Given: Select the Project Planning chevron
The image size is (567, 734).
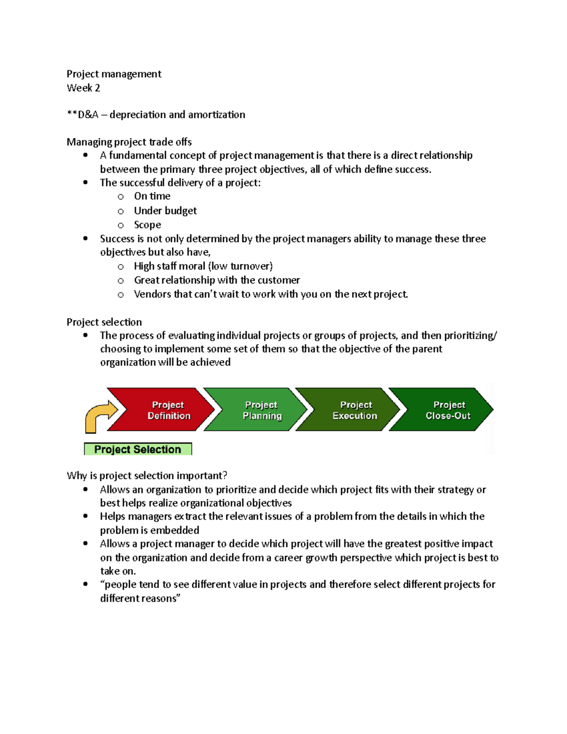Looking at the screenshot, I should coord(258,410).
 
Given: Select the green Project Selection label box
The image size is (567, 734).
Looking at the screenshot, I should coord(137,449).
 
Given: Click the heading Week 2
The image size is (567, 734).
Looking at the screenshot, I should coord(83,88).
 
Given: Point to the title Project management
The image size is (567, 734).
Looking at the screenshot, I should coord(114,74).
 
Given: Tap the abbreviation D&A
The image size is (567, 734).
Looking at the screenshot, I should coord(87,115).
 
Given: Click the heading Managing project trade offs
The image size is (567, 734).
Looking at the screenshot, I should coord(129,142).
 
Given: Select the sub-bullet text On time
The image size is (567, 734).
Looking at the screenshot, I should coord(152,196).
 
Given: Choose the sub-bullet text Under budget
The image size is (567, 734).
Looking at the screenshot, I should coord(165,211).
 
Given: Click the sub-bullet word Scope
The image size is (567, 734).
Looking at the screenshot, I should coord(147,225).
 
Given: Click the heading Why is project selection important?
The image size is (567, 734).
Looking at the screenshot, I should coord(147,475).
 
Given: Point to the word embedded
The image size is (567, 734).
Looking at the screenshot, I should coord(175,530).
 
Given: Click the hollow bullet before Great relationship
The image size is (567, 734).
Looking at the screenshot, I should coord(121,281).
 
